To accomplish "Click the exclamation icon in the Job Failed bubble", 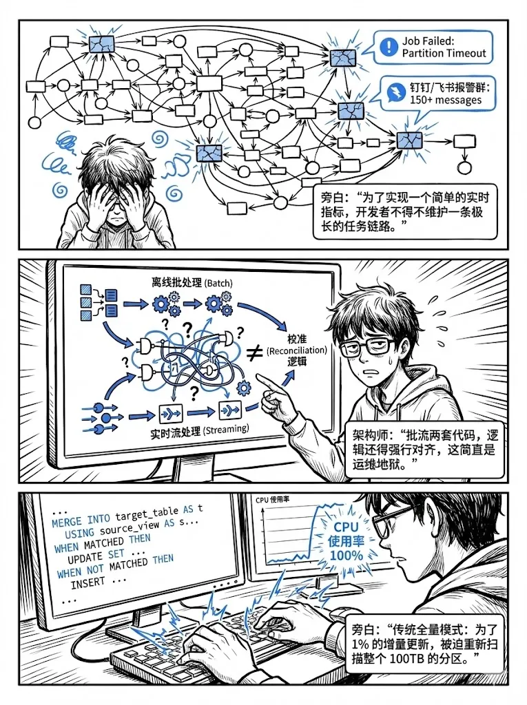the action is pyautogui.click(x=389, y=47).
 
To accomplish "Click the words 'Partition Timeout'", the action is pyautogui.click(x=444, y=53).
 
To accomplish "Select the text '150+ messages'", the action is pyautogui.click(x=445, y=101).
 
